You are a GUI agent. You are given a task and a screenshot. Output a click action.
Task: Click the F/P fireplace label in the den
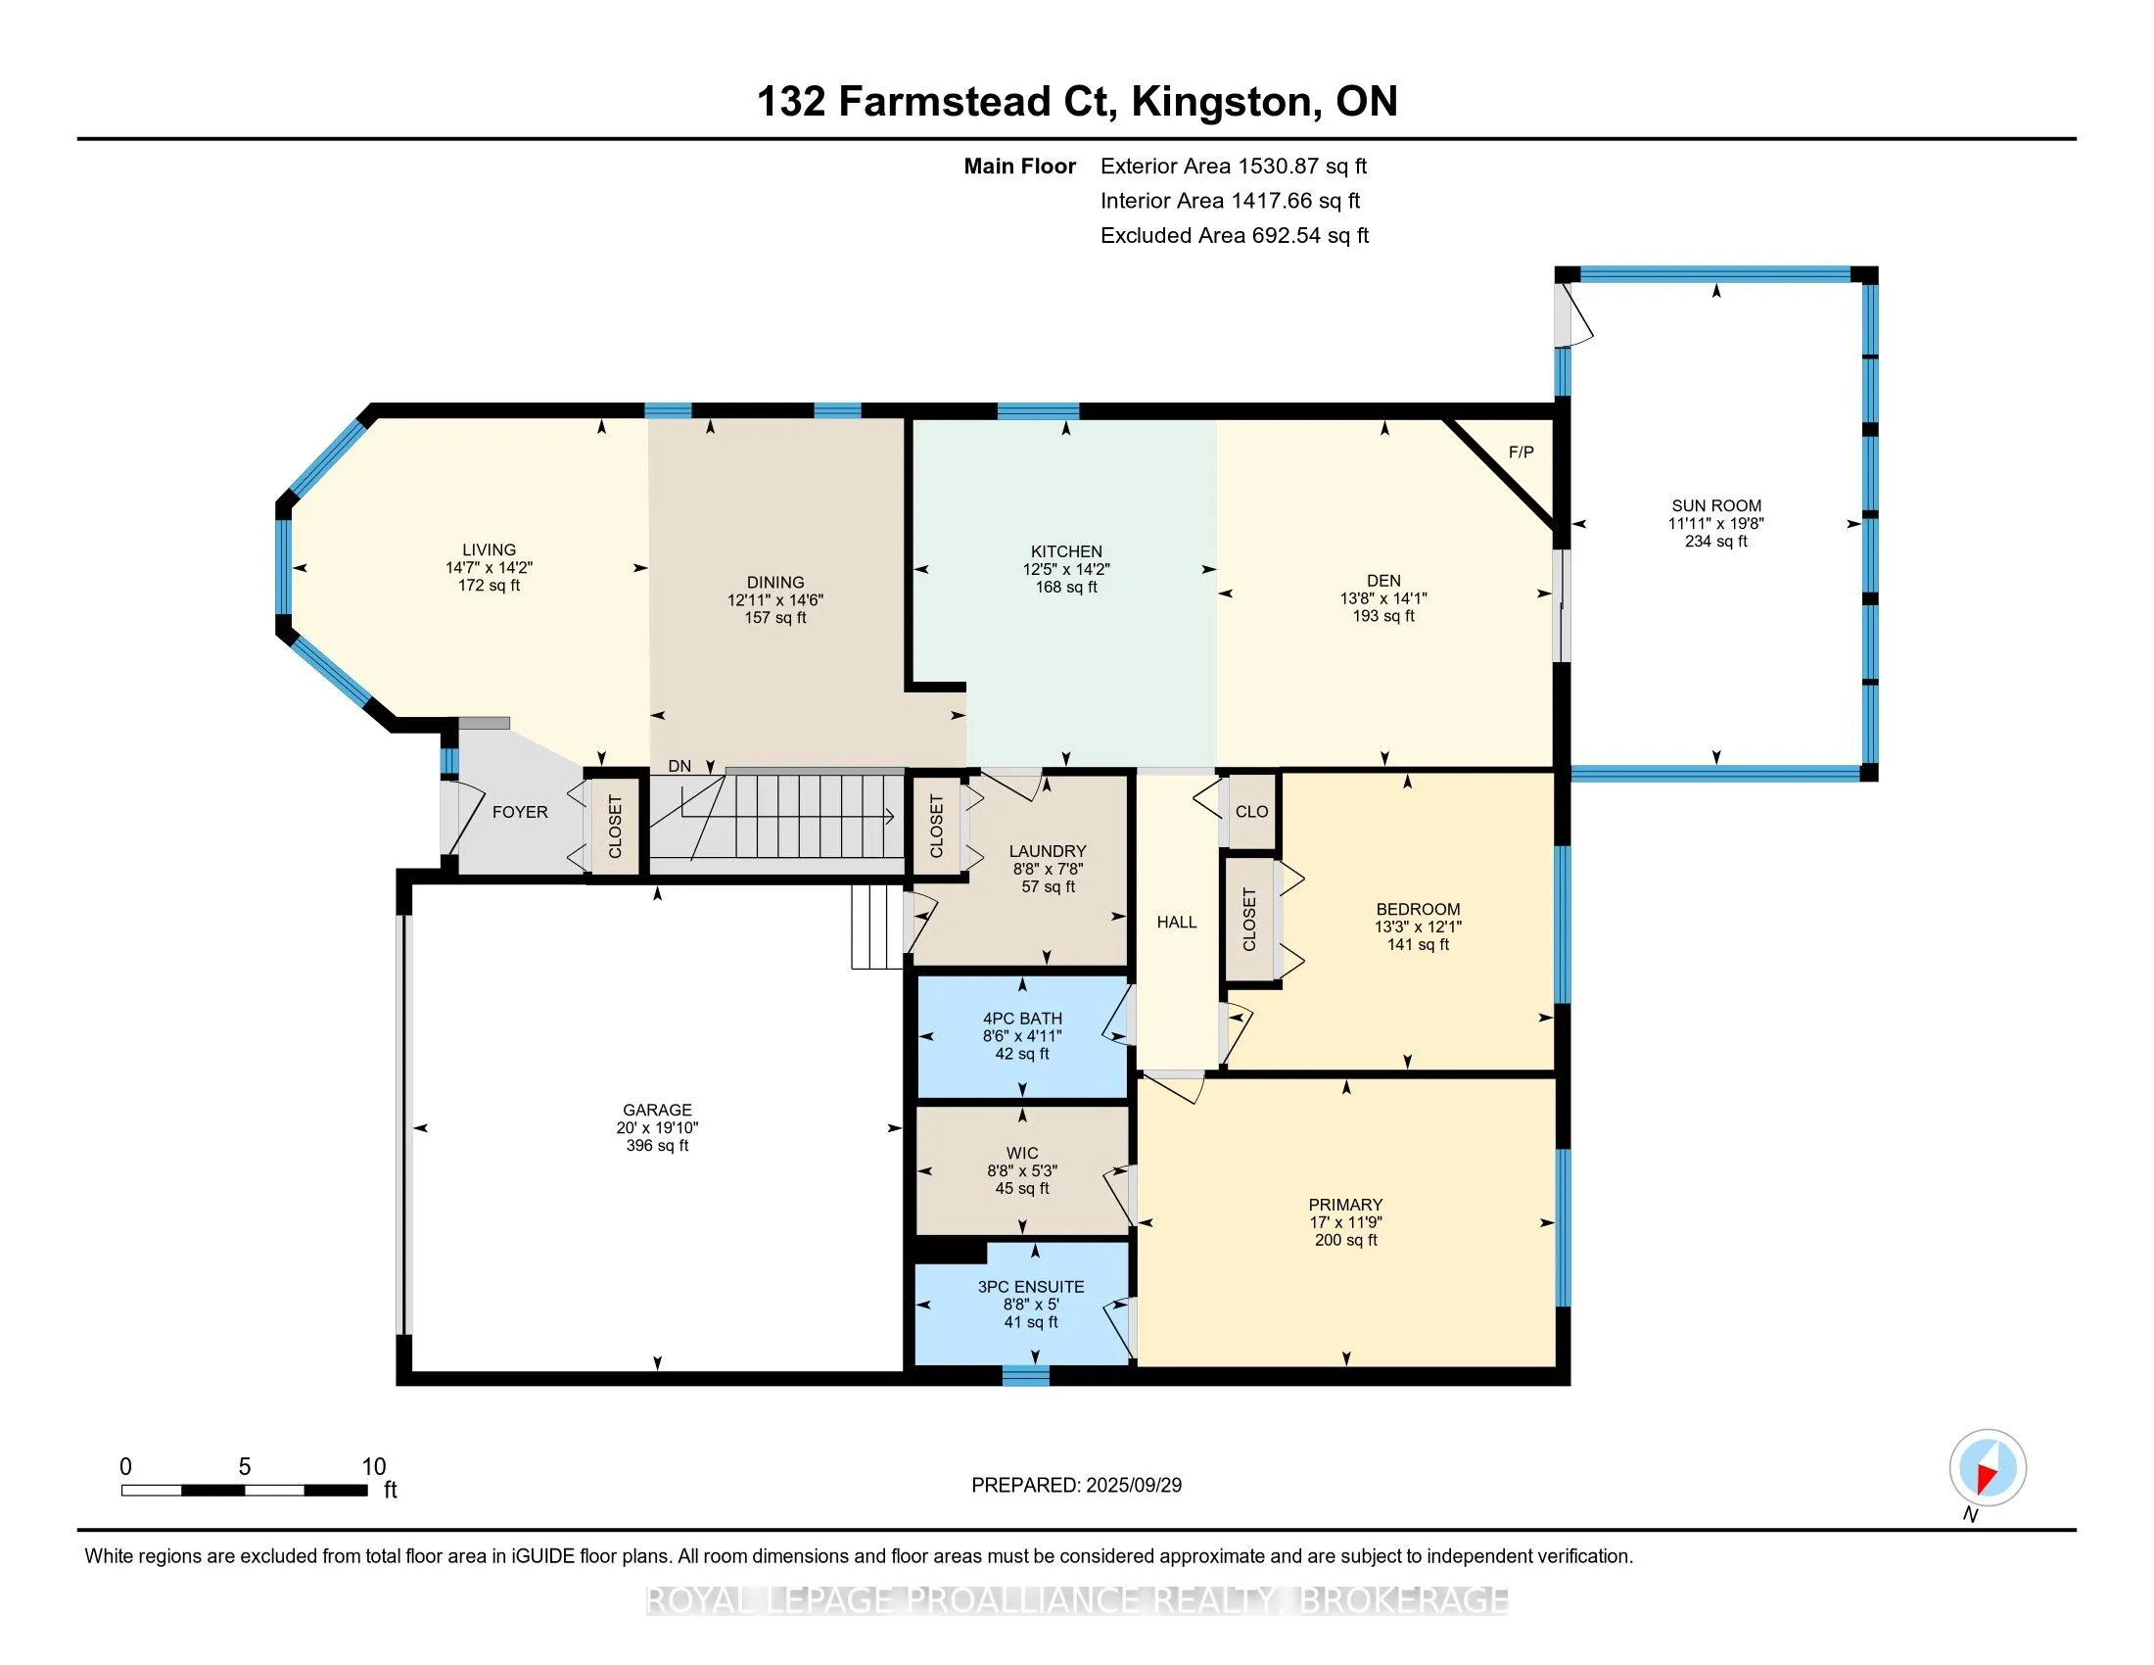(x=1521, y=452)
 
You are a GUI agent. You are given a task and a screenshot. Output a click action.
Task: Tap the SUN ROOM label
(x=1716, y=505)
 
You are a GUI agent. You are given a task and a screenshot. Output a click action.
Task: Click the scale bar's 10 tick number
(x=374, y=1467)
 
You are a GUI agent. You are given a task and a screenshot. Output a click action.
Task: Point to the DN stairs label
(x=679, y=766)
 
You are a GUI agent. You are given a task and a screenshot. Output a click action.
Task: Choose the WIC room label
(x=1022, y=1153)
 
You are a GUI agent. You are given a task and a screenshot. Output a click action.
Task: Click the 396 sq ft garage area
(x=657, y=1145)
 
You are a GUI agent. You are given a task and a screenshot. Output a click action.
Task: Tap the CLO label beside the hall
(x=1251, y=811)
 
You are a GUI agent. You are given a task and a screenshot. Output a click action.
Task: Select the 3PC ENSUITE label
(x=1031, y=1286)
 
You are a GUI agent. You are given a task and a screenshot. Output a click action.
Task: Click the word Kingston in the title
(x=1222, y=102)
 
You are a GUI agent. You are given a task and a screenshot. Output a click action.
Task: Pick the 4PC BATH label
(x=1022, y=1018)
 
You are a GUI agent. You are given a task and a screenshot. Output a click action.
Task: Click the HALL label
(x=1177, y=922)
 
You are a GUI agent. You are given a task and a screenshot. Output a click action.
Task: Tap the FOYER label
(x=520, y=812)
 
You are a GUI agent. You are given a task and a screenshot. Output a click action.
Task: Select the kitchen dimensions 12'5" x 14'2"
(x=1066, y=569)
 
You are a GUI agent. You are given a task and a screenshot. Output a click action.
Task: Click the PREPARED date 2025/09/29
(x=1133, y=1485)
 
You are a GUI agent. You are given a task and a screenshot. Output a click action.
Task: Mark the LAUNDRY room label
(x=1048, y=850)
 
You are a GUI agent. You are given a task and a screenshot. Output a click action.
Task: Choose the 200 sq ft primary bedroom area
(x=1345, y=1239)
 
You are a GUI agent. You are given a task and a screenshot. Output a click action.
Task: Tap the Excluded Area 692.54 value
(x=1287, y=235)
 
